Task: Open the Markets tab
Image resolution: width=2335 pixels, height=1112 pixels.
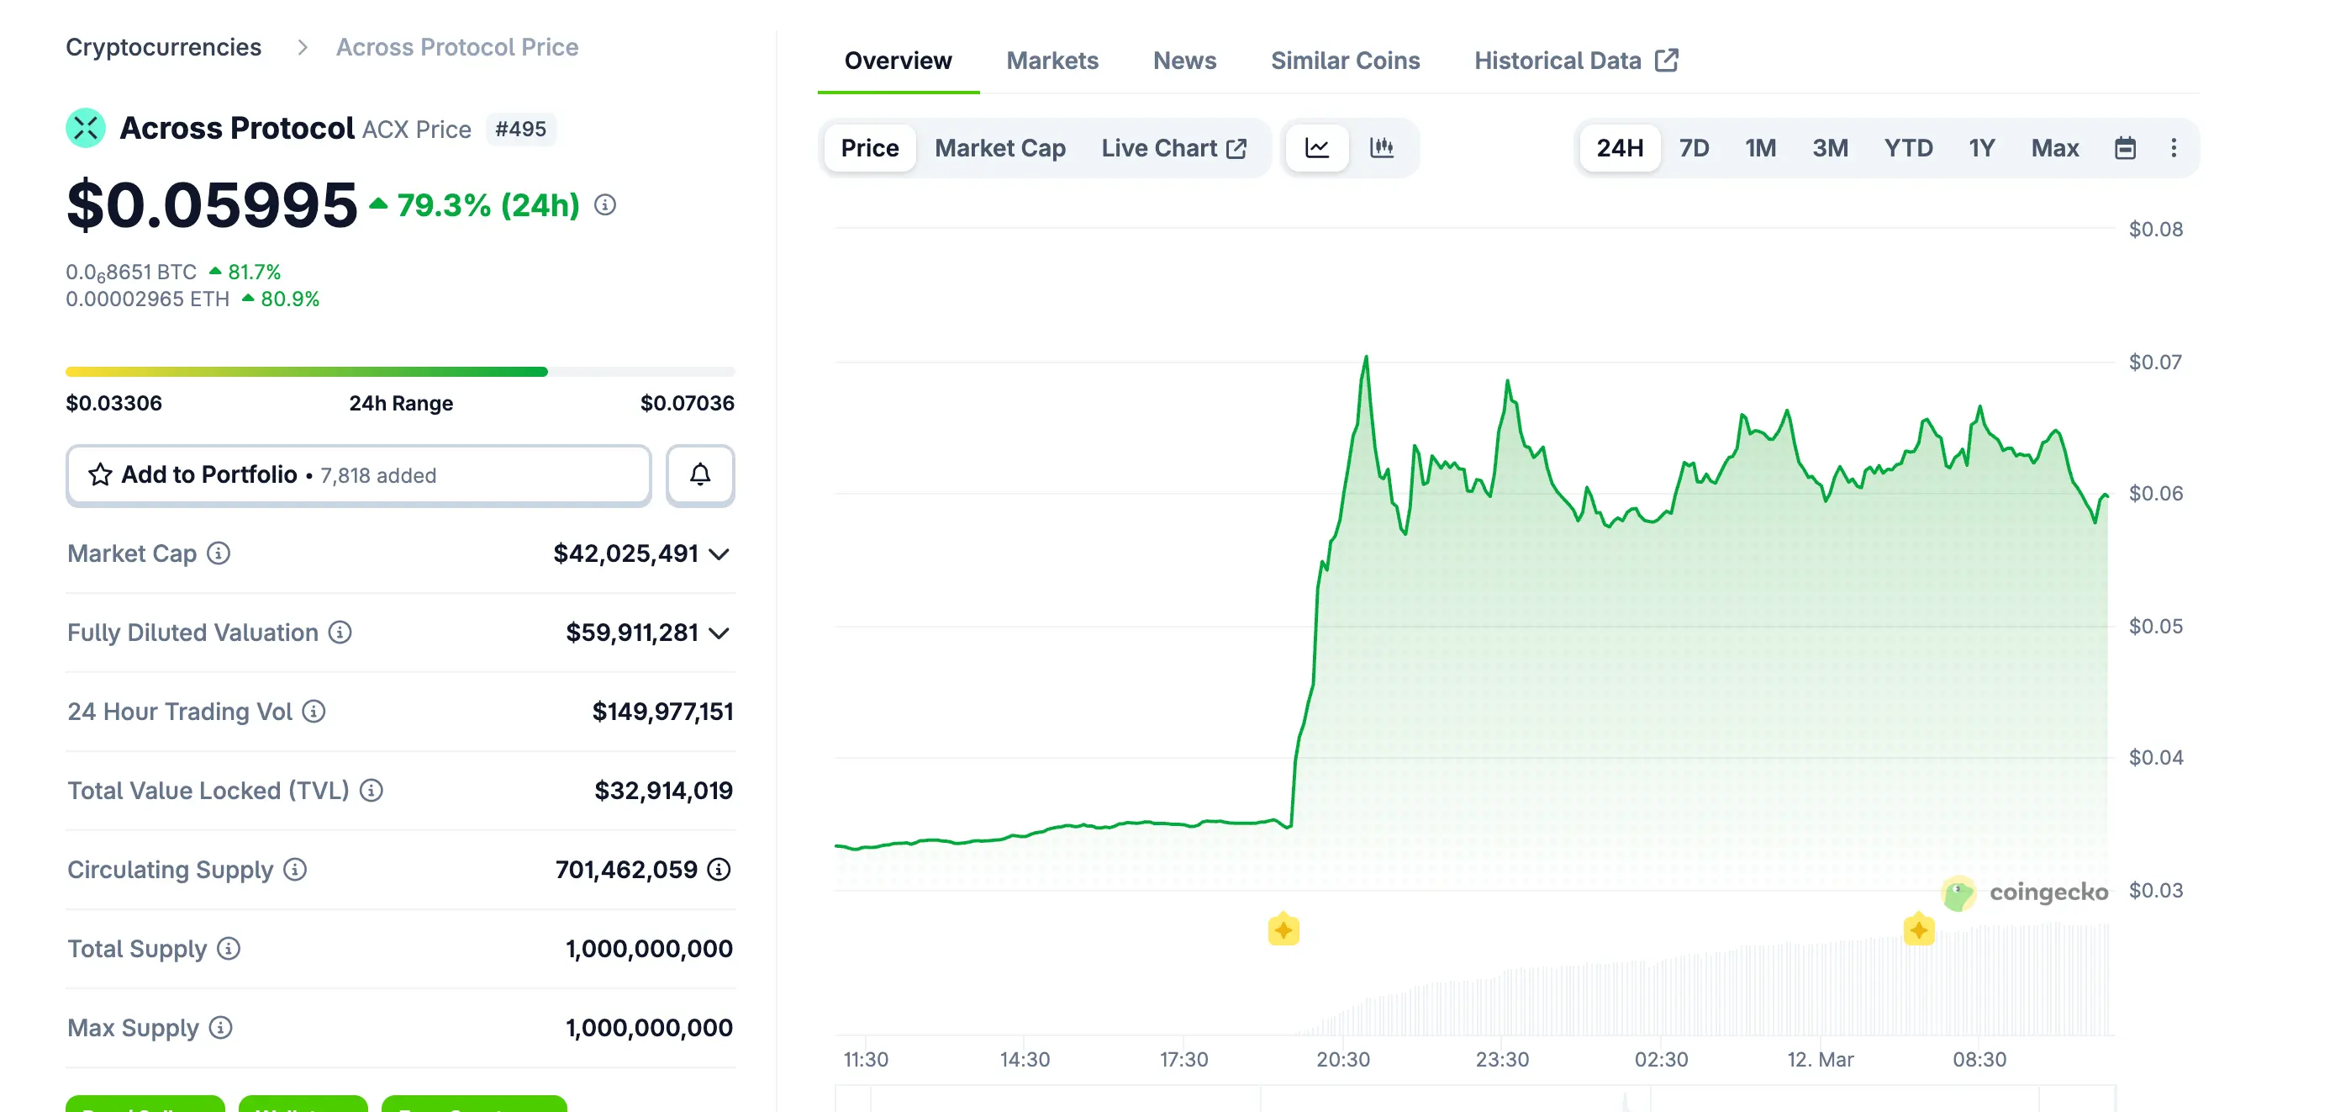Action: tap(1052, 61)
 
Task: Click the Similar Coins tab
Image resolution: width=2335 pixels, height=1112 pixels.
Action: tap(1344, 61)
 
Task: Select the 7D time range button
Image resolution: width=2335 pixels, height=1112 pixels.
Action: tap(1692, 148)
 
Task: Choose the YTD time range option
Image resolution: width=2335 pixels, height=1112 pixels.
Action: tap(1907, 148)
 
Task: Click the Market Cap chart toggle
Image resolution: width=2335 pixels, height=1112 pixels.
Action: tap(999, 148)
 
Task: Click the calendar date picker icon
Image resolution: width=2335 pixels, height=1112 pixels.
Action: tap(2124, 148)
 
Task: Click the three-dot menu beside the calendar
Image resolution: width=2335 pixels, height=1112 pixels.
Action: tap(2173, 148)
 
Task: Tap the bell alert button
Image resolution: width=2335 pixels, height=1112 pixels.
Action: tap(700, 474)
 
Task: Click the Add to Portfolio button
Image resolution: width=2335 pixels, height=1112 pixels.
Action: tap(358, 474)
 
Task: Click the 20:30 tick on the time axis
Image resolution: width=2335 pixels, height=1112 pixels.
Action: tap(1342, 1058)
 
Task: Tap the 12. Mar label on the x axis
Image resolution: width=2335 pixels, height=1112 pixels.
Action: tap(1819, 1058)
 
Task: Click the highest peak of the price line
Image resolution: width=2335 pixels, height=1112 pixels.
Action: tap(1366, 357)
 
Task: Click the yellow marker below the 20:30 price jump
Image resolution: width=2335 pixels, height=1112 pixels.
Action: tap(1283, 929)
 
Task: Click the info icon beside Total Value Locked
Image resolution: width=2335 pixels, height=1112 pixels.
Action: tap(371, 790)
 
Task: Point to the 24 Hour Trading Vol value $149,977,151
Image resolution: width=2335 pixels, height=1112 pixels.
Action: tap(661, 711)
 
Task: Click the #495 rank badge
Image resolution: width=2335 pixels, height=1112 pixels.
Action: tap(520, 129)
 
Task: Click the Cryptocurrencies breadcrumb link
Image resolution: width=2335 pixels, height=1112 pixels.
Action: tap(163, 47)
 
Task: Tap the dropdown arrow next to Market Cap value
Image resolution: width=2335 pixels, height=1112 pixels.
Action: tap(719, 553)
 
